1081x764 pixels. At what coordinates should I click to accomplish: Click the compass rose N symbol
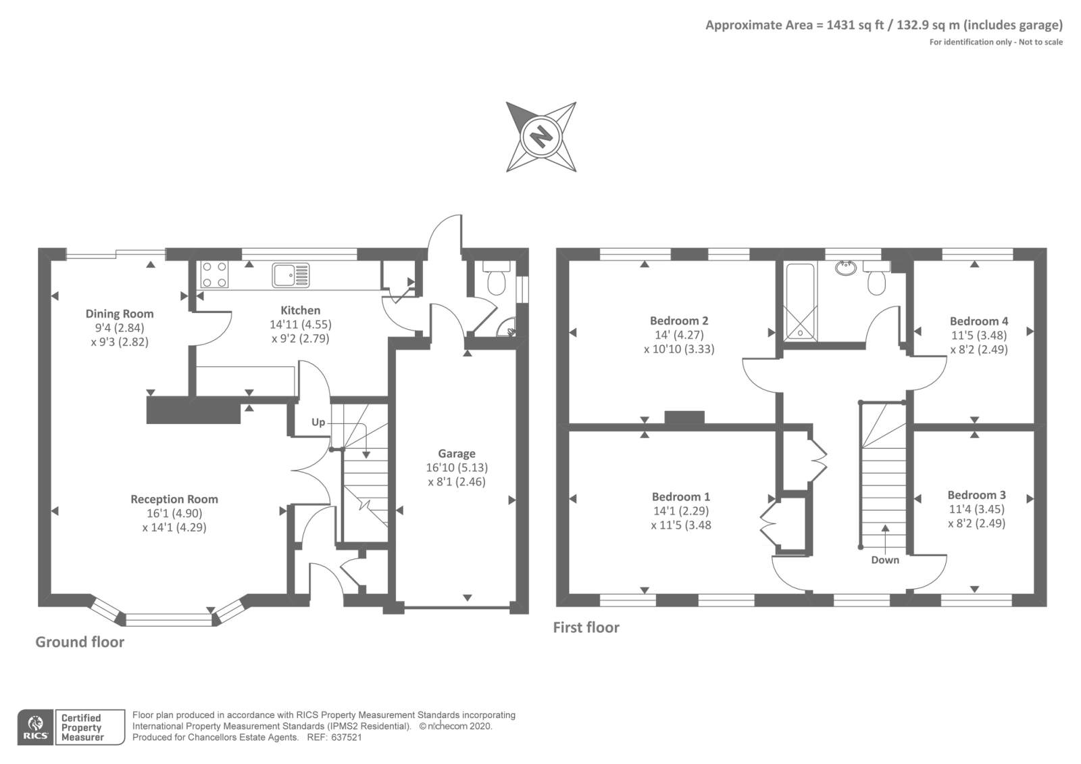540,137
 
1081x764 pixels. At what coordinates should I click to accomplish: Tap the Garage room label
457,454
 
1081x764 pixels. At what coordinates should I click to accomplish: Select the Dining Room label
120,314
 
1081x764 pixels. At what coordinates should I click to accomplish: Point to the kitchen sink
291,274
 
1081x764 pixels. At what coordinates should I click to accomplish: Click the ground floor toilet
496,281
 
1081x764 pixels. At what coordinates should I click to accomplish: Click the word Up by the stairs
318,423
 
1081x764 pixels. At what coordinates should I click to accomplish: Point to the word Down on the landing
885,560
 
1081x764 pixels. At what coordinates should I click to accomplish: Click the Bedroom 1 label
681,496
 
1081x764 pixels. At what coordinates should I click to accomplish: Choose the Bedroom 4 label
979,321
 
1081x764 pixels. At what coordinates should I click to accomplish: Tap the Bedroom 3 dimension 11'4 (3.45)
977,509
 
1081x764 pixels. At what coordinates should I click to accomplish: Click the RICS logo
36,727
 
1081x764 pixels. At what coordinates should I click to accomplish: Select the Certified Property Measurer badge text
82,727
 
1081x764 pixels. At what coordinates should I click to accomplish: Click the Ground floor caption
80,642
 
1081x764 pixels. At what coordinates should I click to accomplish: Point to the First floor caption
586,627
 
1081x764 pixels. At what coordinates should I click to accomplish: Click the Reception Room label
174,499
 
